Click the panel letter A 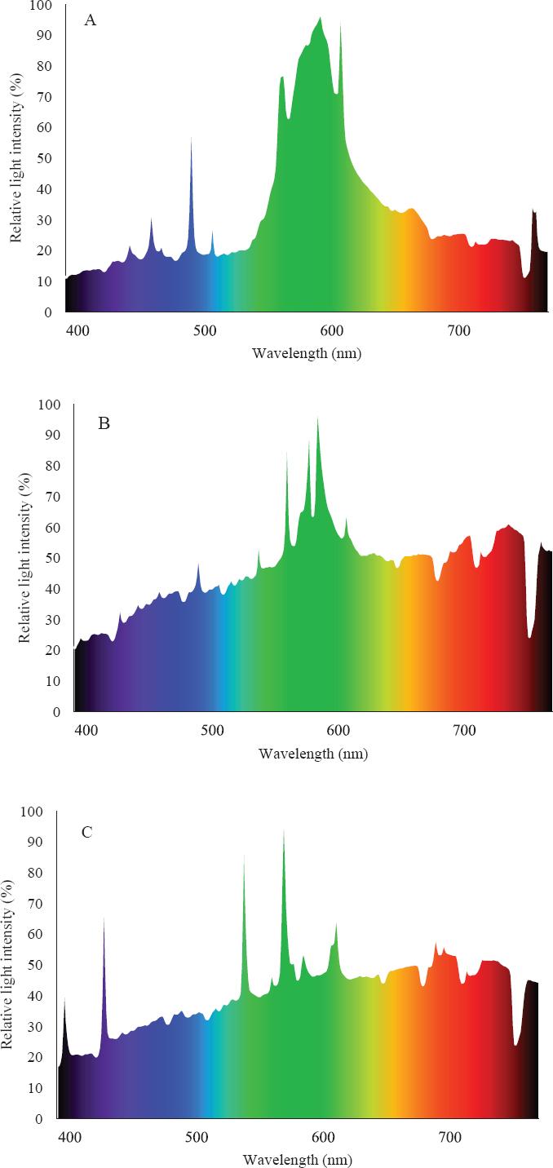tap(91, 21)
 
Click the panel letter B tap(104, 423)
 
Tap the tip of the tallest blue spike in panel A tap(191, 139)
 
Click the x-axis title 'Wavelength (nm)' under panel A tap(306, 353)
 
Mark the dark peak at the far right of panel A tap(533, 210)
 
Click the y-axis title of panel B tap(24, 559)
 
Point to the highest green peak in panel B tap(317, 418)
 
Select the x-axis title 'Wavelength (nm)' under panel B tap(313, 754)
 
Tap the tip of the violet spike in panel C tap(104, 918)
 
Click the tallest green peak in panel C tap(284, 830)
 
